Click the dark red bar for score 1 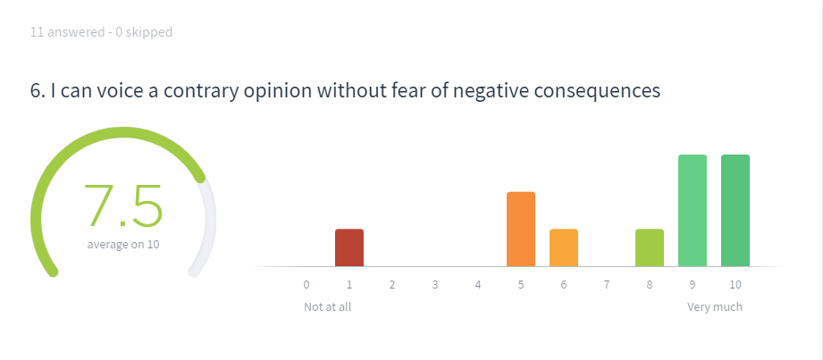pos(349,247)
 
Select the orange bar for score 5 pos(521,230)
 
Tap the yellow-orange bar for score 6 pos(564,247)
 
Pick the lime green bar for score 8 pos(650,247)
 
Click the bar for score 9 pos(693,211)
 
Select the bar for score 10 pos(735,211)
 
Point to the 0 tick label pos(307,285)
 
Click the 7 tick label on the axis pos(607,285)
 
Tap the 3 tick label pos(435,285)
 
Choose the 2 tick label pos(392,285)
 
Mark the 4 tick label pos(478,285)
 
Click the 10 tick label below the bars pos(735,285)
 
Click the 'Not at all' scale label pos(328,307)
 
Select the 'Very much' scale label pos(715,307)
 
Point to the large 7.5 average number pos(123,205)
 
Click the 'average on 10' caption pos(123,245)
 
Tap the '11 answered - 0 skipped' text pos(101,32)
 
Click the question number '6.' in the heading pos(38,91)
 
